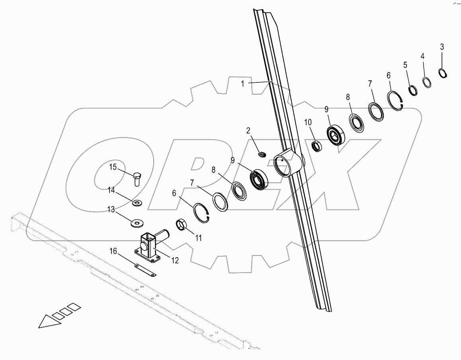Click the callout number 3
pos(441,47)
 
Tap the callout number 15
pos(113,167)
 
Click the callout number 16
pos(113,251)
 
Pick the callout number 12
pos(174,260)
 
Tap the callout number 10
pos(308,122)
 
